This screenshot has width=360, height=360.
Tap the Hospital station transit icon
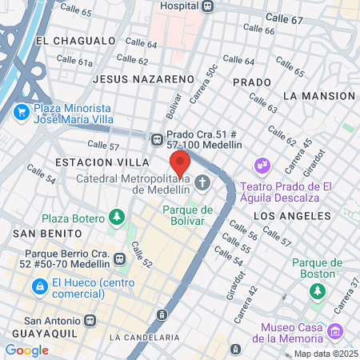208,6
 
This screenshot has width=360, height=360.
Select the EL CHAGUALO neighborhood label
76,40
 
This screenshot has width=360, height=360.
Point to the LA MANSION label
318,95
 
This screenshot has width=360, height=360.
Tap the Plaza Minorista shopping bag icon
22,114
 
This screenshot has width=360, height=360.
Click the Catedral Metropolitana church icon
203,183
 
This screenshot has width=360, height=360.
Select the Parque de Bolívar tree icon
186,225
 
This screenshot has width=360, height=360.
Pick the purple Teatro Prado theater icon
262,166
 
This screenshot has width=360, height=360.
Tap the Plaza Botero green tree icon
117,218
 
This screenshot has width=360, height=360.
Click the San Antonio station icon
90,319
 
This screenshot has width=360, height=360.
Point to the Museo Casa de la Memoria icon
335,330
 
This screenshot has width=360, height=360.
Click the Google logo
26,350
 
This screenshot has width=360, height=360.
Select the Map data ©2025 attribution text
325,354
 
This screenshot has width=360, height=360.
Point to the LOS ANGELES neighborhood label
291,216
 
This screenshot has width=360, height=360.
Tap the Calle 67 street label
284,18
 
